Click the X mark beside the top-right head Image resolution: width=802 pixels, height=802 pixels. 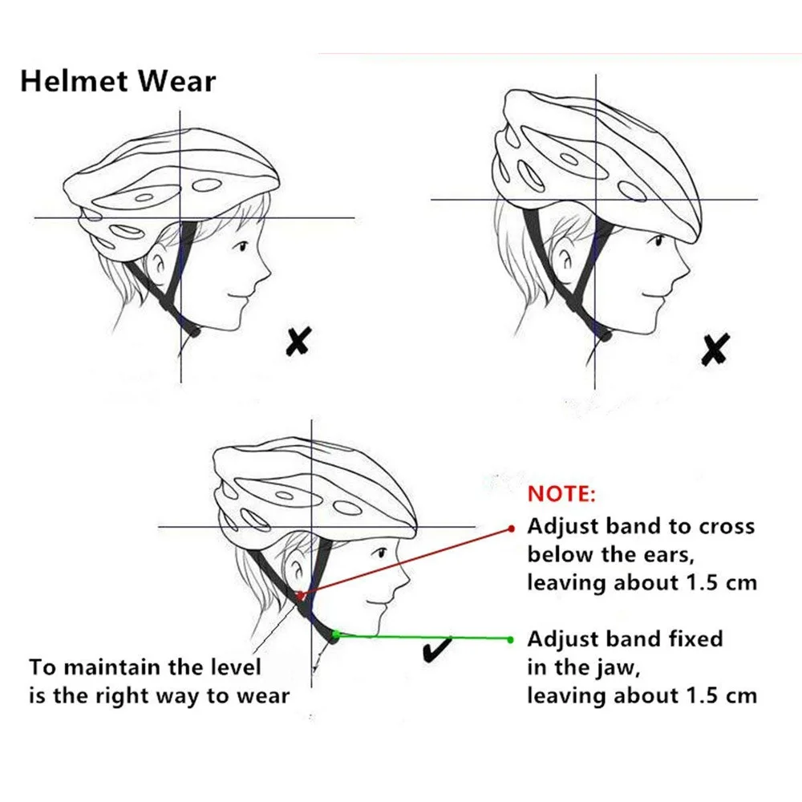coord(714,349)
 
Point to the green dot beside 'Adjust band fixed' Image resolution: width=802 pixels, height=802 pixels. coord(512,639)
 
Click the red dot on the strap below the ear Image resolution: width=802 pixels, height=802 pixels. coord(299,595)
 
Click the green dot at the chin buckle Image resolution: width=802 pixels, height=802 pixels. coord(337,634)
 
